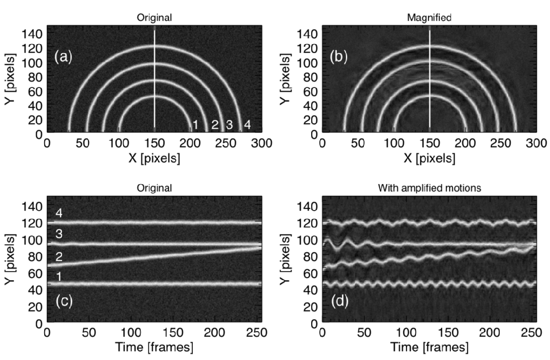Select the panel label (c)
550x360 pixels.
click(x=63, y=301)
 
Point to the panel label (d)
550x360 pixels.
click(x=339, y=301)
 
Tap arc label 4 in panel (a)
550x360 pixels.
click(x=246, y=125)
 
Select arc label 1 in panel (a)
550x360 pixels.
click(x=194, y=125)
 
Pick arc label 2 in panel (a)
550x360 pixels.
click(x=215, y=125)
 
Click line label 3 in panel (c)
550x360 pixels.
click(x=59, y=234)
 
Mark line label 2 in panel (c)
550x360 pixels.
click(x=59, y=257)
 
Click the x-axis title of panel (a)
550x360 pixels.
click(x=155, y=159)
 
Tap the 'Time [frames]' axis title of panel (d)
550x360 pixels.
click(x=430, y=348)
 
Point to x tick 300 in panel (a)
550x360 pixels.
click(x=263, y=143)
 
